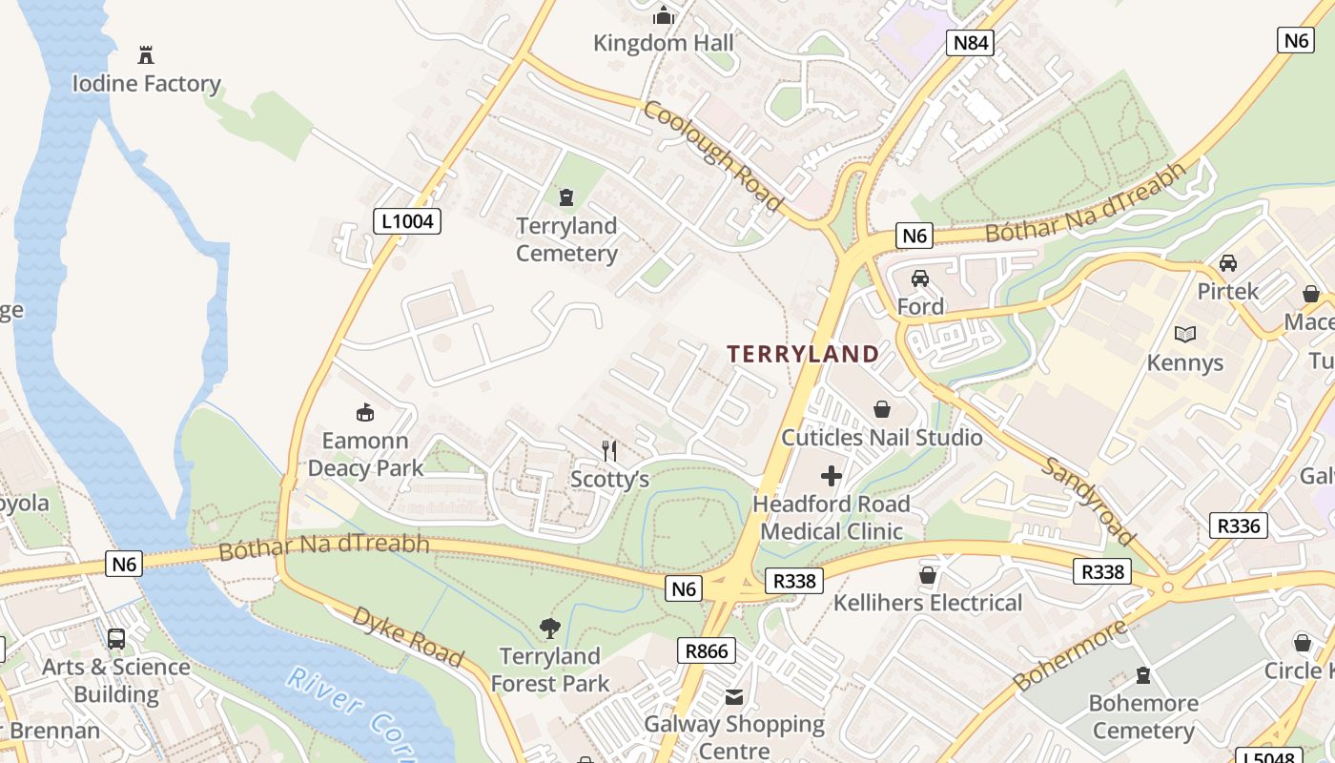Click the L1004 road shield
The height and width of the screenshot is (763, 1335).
(406, 221)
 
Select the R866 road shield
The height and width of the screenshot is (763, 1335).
(707, 651)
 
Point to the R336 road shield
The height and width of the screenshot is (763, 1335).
(1239, 526)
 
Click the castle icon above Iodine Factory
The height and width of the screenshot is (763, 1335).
(146, 55)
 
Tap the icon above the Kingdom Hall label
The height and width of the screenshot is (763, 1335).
(664, 15)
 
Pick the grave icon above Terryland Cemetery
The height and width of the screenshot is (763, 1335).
(566, 197)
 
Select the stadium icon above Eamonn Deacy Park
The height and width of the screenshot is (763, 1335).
(364, 412)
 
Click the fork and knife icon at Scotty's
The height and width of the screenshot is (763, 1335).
(609, 450)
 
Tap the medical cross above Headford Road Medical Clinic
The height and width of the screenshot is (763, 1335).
(832, 475)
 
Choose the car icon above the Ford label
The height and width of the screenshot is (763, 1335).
(920, 278)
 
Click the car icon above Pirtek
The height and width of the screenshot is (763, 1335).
(1228, 262)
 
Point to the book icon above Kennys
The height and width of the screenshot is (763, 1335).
(1185, 335)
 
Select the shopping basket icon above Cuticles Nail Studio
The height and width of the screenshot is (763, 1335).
(882, 409)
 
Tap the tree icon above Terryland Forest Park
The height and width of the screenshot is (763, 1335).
(549, 628)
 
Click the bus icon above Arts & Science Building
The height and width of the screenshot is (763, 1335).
(116, 638)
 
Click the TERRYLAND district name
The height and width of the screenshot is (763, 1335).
(803, 354)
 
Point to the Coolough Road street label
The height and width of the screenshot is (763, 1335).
(713, 155)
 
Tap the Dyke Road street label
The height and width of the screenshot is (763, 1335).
(408, 636)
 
